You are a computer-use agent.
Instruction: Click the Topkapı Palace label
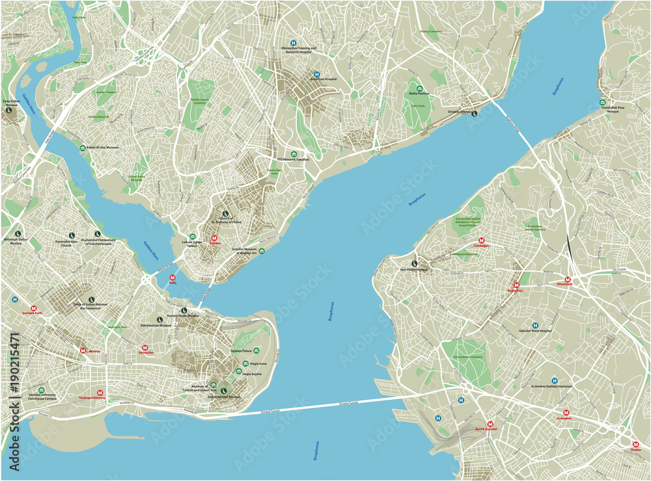click(x=240, y=351)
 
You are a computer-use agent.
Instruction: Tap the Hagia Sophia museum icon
click(x=245, y=364)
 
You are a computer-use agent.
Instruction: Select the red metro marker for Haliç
click(x=173, y=277)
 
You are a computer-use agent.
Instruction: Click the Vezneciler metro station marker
click(x=144, y=348)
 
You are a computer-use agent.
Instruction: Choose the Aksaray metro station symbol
click(x=83, y=351)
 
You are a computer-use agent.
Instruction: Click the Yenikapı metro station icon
click(x=100, y=393)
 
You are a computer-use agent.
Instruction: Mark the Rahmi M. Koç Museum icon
click(x=82, y=148)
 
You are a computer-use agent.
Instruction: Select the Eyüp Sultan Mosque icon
click(x=9, y=110)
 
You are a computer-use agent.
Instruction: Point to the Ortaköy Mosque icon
click(x=474, y=113)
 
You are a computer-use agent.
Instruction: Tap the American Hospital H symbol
click(x=317, y=74)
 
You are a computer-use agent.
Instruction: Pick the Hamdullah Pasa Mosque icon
click(x=603, y=102)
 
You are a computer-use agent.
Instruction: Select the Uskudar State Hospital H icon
click(x=535, y=325)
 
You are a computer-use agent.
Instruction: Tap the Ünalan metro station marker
click(x=635, y=445)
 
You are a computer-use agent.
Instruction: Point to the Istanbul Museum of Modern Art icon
click(x=261, y=251)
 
